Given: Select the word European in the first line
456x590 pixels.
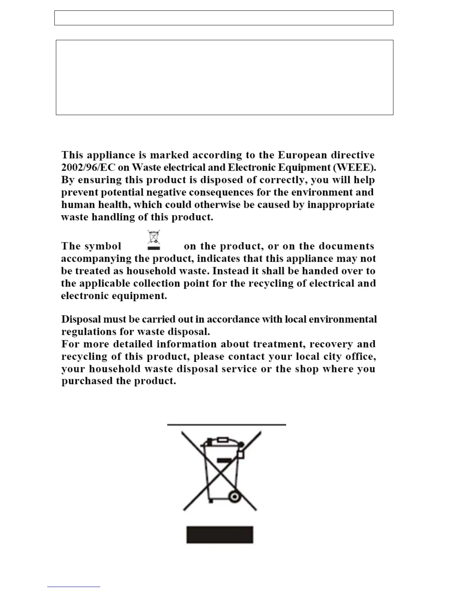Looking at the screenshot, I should [x=302, y=155].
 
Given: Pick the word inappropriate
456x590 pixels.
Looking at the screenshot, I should [x=341, y=205].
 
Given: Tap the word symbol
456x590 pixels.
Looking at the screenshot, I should [x=103, y=246].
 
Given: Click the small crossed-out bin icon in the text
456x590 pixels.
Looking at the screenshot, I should [x=154, y=240].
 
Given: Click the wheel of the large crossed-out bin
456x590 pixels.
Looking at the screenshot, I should [x=234, y=497].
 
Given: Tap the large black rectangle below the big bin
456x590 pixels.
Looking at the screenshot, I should [x=220, y=535].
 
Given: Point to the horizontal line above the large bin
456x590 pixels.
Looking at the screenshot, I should [x=227, y=424].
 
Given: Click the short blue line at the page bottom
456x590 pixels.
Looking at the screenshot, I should [x=73, y=587].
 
